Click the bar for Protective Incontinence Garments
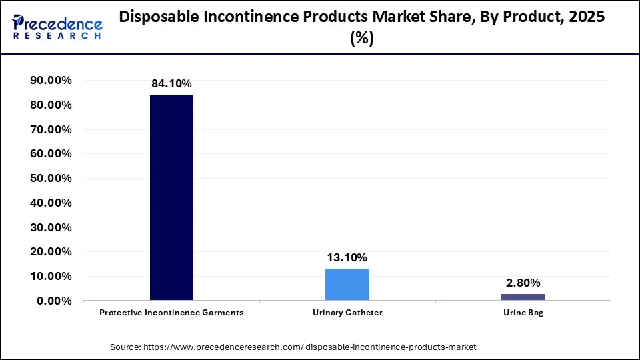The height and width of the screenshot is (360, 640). click(171, 197)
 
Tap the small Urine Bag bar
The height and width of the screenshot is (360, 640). click(523, 297)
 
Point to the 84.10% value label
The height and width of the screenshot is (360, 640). click(171, 84)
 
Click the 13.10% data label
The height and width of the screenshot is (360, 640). click(347, 258)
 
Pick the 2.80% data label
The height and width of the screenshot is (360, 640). click(523, 283)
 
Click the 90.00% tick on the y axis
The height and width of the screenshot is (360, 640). click(51, 81)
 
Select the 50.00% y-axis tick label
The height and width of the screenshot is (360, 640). click(51, 179)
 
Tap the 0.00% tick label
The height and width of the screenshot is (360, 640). click(54, 301)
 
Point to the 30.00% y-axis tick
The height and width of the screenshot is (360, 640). click(51, 227)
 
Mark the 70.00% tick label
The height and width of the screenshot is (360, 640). click(51, 129)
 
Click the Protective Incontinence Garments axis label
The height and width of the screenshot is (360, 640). click(171, 313)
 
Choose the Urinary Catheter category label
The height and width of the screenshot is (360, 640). click(347, 313)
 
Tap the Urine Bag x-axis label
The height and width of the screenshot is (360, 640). click(523, 313)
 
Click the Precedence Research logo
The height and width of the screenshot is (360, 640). click(57, 27)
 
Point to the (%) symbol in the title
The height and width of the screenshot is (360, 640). click(362, 39)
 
